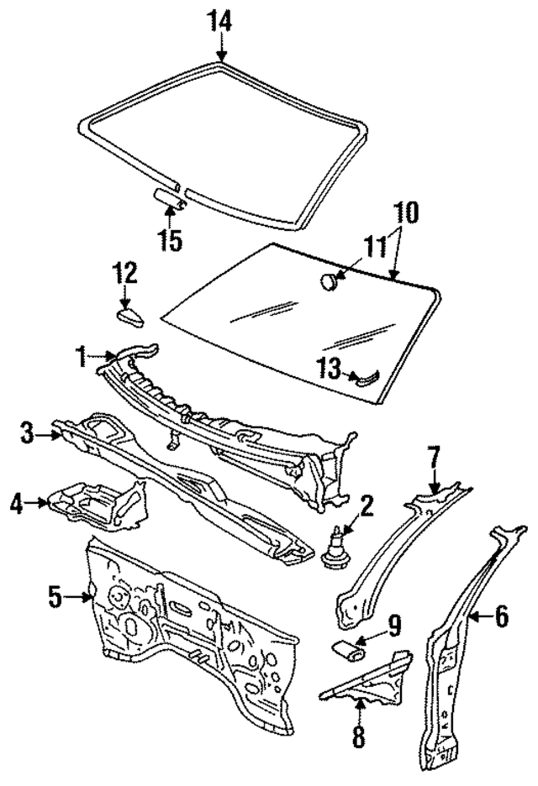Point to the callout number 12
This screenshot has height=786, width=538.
click(125, 274)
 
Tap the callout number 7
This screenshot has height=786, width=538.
click(434, 460)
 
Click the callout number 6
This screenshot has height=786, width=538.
click(500, 617)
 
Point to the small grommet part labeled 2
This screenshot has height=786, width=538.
click(338, 551)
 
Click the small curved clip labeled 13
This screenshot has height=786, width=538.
click(367, 379)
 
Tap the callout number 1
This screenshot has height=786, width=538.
click(82, 357)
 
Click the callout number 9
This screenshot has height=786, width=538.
click(393, 626)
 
